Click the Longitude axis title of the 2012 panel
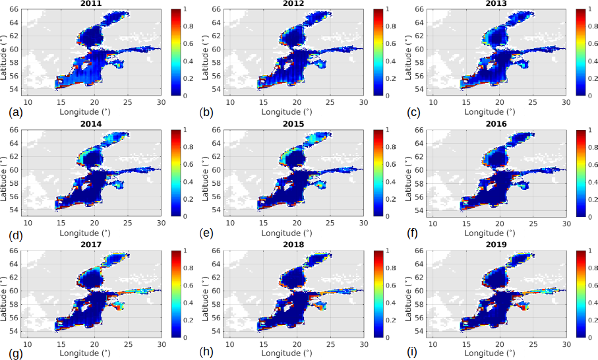click(x=296, y=112)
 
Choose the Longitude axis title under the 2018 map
click(x=296, y=353)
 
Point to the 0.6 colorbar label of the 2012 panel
click(x=390, y=44)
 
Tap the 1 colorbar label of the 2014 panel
click(x=185, y=130)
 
